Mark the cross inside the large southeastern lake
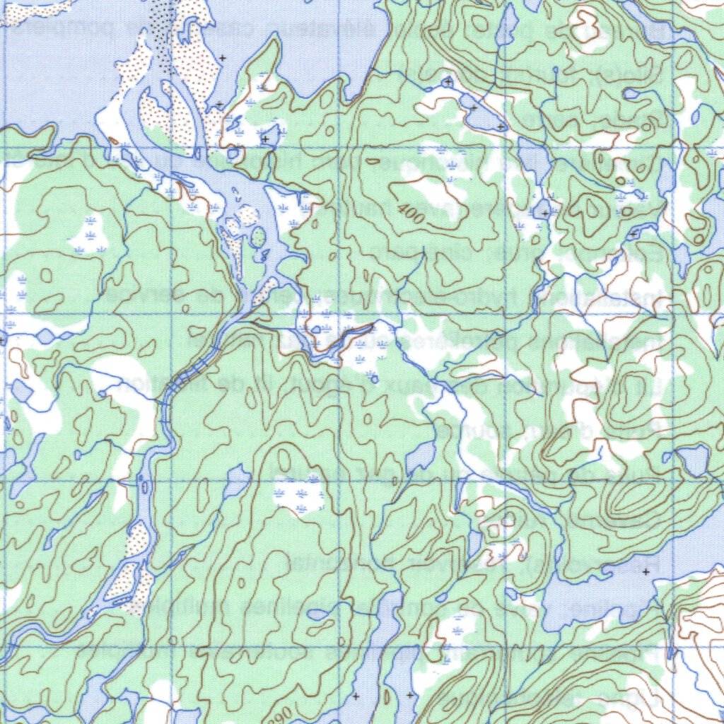pos(645,571)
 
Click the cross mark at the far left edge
pos(3,341)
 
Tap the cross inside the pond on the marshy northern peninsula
pos(265,139)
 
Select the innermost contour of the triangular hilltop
pos(587,207)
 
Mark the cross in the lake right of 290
pos(356,696)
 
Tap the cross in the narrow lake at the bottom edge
pos(410,696)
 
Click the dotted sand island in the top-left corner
pos(35,8)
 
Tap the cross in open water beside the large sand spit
pos(223,57)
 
